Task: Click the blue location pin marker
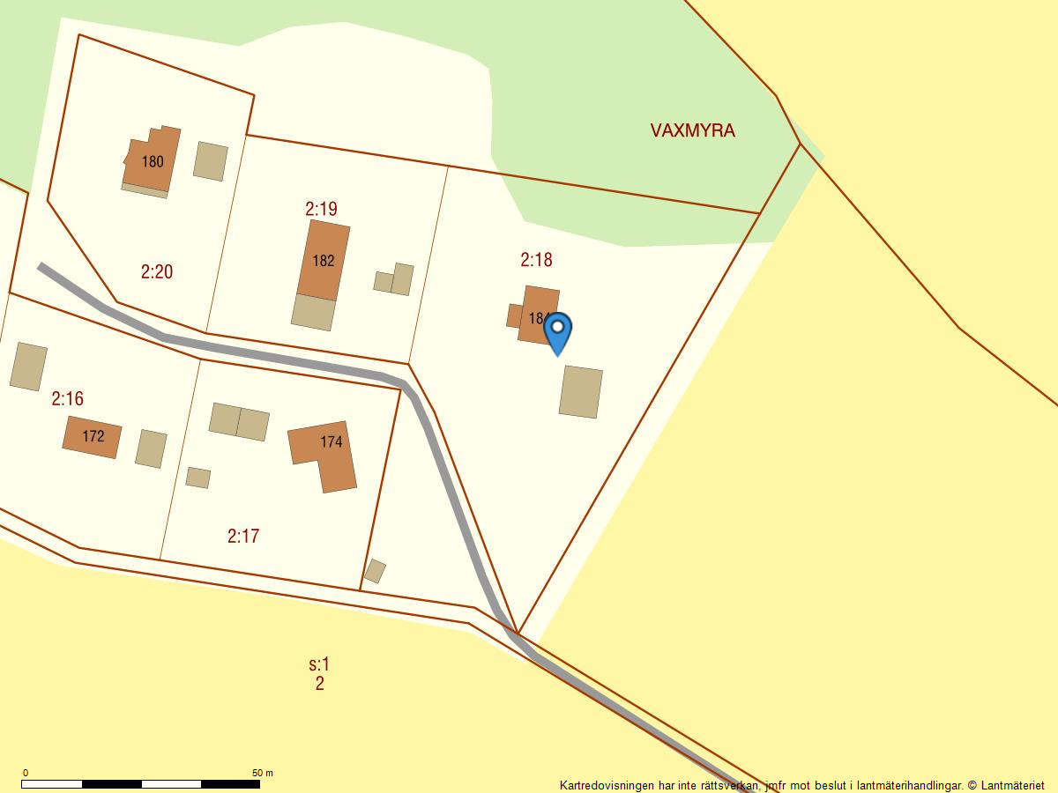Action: click(557, 331)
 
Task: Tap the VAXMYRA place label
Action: click(692, 130)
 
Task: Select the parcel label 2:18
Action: click(536, 260)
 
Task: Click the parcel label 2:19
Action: click(321, 209)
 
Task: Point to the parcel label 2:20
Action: click(156, 271)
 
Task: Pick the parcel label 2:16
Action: click(67, 399)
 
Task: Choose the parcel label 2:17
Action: click(242, 536)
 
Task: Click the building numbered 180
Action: click(152, 160)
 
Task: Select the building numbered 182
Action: click(323, 260)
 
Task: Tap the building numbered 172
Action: click(92, 436)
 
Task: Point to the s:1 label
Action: click(318, 664)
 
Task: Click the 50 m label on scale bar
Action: click(262, 773)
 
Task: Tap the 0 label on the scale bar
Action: click(25, 773)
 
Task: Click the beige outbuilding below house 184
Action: click(580, 392)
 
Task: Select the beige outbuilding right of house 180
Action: click(210, 161)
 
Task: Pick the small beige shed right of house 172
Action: click(151, 448)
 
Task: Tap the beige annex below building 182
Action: click(313, 312)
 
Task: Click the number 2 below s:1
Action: click(319, 684)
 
